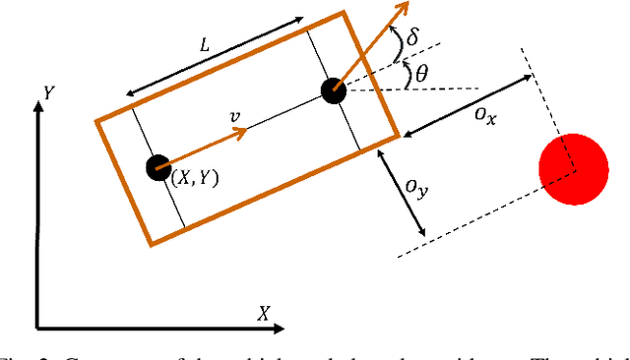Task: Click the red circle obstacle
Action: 574,169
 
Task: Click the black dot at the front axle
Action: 334,90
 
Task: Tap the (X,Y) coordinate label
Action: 195,178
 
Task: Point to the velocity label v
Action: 234,117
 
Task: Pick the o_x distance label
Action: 482,115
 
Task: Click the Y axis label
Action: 47,92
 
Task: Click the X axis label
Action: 264,314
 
